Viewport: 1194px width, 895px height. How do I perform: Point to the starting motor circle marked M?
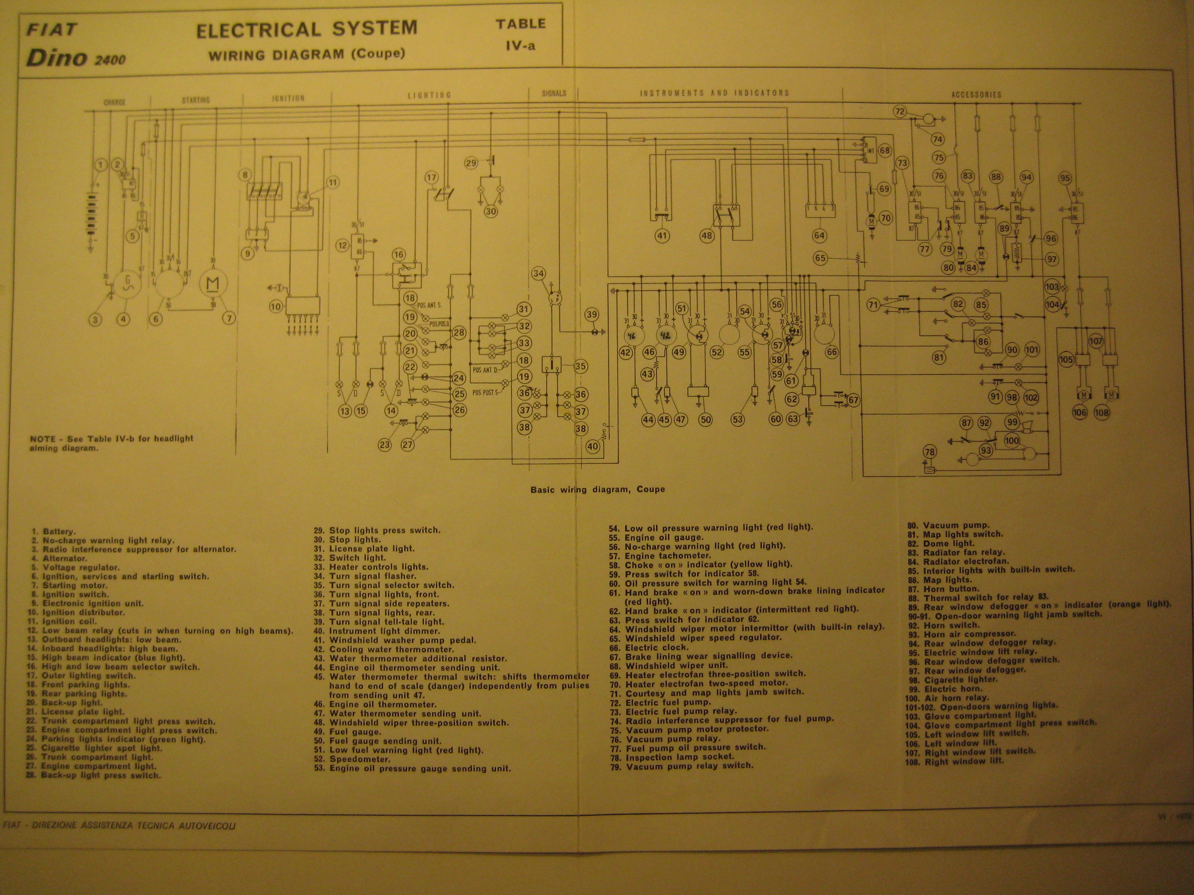pos(213,283)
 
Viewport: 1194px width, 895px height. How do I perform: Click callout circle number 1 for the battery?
pos(100,165)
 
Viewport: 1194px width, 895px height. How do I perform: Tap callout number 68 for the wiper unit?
pos(885,150)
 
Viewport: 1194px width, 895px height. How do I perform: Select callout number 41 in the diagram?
pos(662,236)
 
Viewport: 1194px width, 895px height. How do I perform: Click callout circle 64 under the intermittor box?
pos(819,235)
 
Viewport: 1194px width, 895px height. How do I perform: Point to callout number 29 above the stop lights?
pos(471,163)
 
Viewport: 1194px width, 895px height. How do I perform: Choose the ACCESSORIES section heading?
pos(976,95)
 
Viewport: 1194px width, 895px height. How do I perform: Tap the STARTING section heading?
pos(196,100)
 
